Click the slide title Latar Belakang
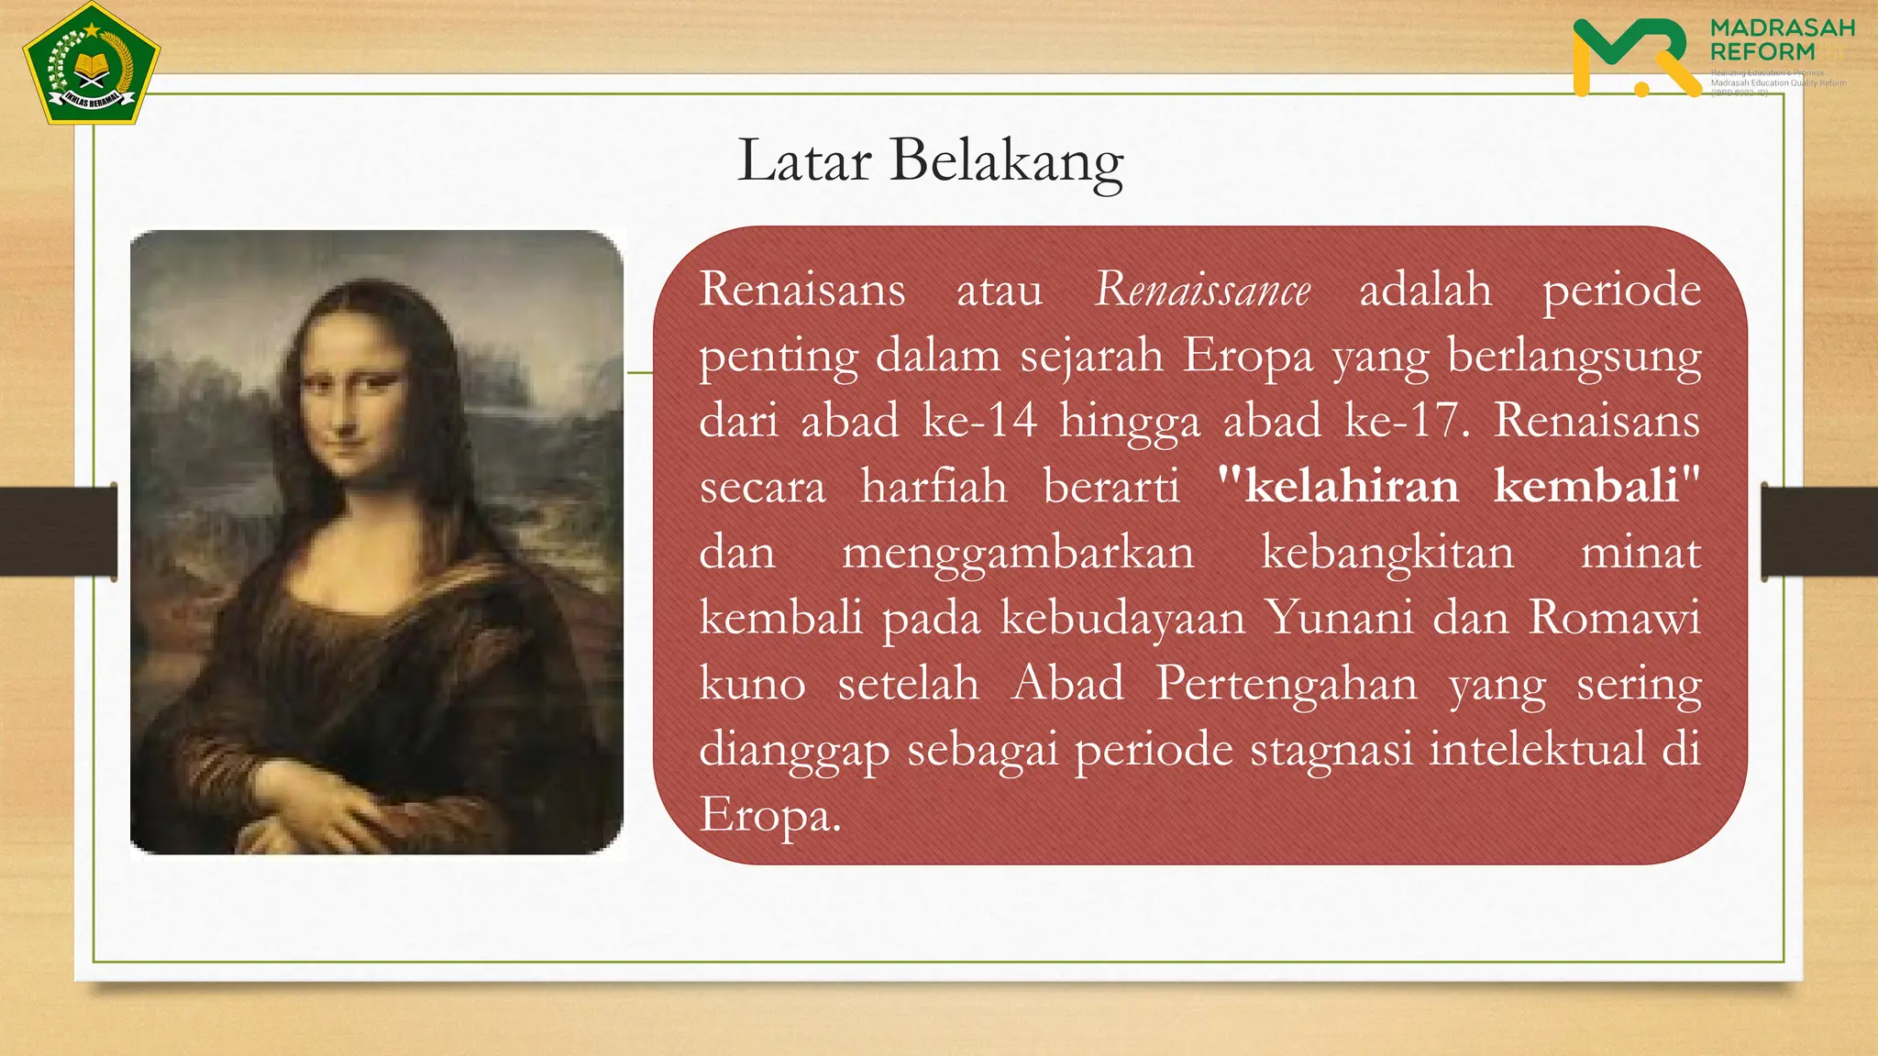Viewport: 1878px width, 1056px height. point(930,161)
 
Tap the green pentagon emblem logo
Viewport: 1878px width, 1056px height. point(92,64)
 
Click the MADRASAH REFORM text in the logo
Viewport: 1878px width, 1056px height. point(1782,39)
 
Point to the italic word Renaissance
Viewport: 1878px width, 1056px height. point(1202,290)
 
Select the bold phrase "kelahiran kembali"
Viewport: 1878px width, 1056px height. point(1459,485)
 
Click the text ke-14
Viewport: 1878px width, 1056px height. point(979,421)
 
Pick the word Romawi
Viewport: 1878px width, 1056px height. point(1614,617)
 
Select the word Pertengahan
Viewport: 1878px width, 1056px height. point(1286,684)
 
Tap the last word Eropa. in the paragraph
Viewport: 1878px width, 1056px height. point(769,814)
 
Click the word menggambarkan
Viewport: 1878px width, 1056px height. point(1018,553)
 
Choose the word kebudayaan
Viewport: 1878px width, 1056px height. point(1122,618)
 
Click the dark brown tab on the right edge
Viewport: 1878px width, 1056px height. point(1819,532)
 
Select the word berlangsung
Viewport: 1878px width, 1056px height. point(1574,356)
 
